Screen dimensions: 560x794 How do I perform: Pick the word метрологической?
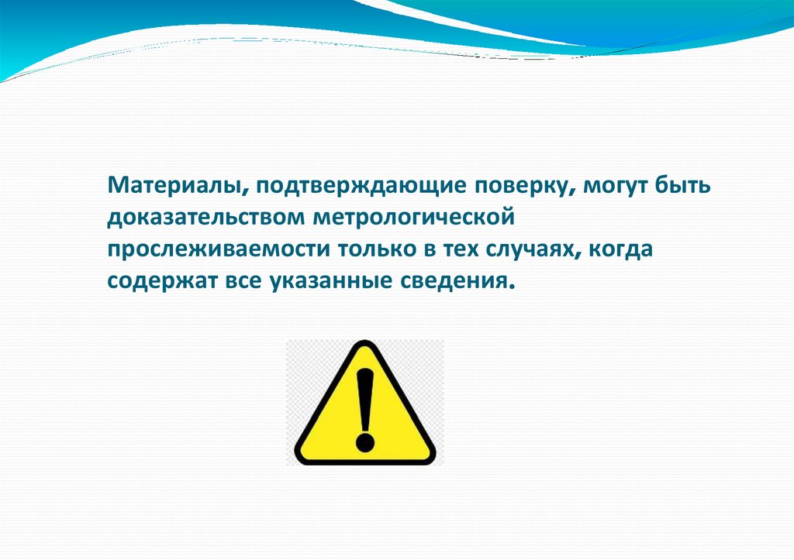click(x=414, y=218)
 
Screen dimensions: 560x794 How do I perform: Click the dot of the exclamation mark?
click(x=364, y=442)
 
